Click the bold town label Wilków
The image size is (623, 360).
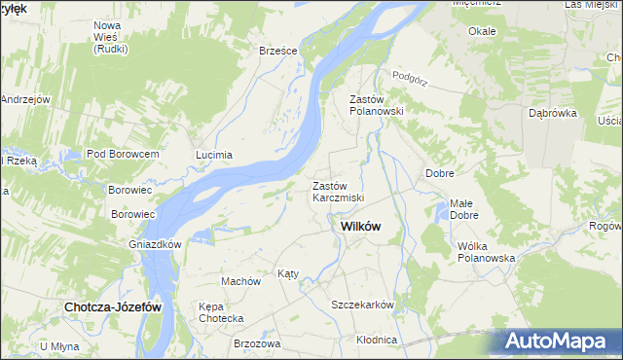click(360, 226)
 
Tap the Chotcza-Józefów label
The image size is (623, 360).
click(113, 306)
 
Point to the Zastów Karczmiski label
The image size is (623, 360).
click(337, 192)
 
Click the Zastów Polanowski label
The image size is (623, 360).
click(376, 105)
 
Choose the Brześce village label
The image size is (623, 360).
click(277, 52)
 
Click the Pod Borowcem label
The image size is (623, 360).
click(123, 155)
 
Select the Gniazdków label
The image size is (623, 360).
click(157, 244)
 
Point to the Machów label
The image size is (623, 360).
click(241, 281)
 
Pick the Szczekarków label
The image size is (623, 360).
click(362, 305)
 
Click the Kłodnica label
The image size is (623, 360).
click(377, 340)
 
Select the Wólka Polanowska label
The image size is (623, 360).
click(486, 252)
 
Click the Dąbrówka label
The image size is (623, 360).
click(553, 113)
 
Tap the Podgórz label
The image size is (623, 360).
click(410, 76)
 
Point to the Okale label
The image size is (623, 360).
click(482, 31)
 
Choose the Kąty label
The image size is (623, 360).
click(288, 274)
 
